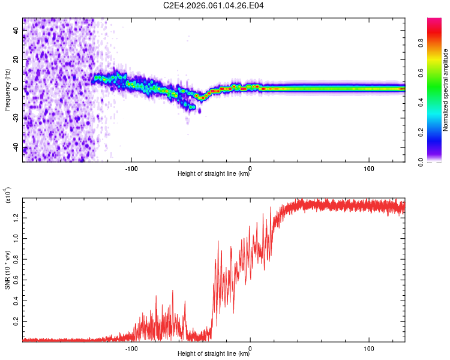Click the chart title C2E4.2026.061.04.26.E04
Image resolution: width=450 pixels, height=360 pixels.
pos(214,6)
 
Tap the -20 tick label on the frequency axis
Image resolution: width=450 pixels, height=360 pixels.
pos(16,118)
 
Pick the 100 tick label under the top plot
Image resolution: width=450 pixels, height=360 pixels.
pos(369,167)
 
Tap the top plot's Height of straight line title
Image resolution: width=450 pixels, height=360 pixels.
pos(214,174)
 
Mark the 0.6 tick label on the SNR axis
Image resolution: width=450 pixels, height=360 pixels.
pos(16,280)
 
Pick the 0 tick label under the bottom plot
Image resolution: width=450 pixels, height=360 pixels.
pos(250,348)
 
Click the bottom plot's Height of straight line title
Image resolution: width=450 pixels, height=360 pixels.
pos(214,354)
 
